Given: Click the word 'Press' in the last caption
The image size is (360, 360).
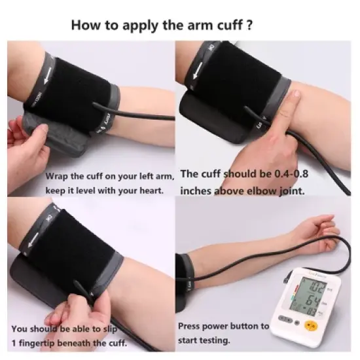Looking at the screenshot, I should click(x=190, y=326).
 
